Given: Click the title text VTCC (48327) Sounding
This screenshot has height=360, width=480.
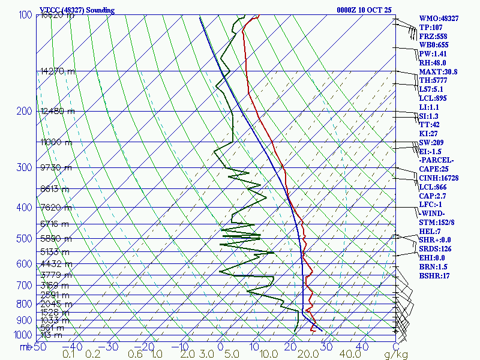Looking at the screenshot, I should [77, 10].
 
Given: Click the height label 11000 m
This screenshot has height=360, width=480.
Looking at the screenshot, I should [56, 142].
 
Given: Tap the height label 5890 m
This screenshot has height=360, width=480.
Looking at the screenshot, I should [54, 239].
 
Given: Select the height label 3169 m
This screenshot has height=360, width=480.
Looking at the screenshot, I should [54, 286].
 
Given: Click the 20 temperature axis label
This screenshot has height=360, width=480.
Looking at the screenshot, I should [291, 346].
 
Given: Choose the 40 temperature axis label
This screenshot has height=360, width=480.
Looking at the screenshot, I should [362, 346].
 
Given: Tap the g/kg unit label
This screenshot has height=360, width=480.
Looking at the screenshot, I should [379, 355].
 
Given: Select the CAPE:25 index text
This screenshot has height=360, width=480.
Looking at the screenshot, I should [434, 169].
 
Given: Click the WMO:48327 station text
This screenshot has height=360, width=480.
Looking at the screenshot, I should [439, 19].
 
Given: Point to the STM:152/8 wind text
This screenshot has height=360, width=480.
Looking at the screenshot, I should [437, 223].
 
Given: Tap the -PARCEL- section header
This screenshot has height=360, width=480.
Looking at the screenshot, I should [437, 160].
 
